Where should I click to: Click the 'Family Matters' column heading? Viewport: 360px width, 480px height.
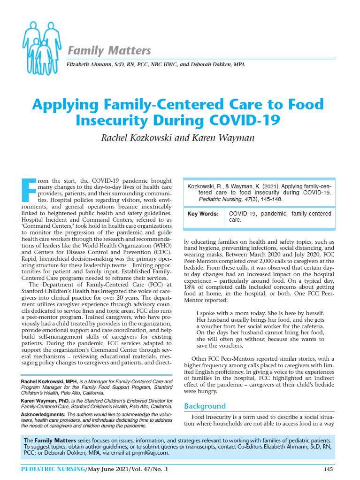(109, 51)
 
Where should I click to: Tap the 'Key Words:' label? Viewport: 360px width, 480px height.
(203, 214)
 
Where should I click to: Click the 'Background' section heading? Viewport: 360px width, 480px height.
(205, 406)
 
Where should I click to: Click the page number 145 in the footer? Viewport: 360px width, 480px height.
(329, 469)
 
